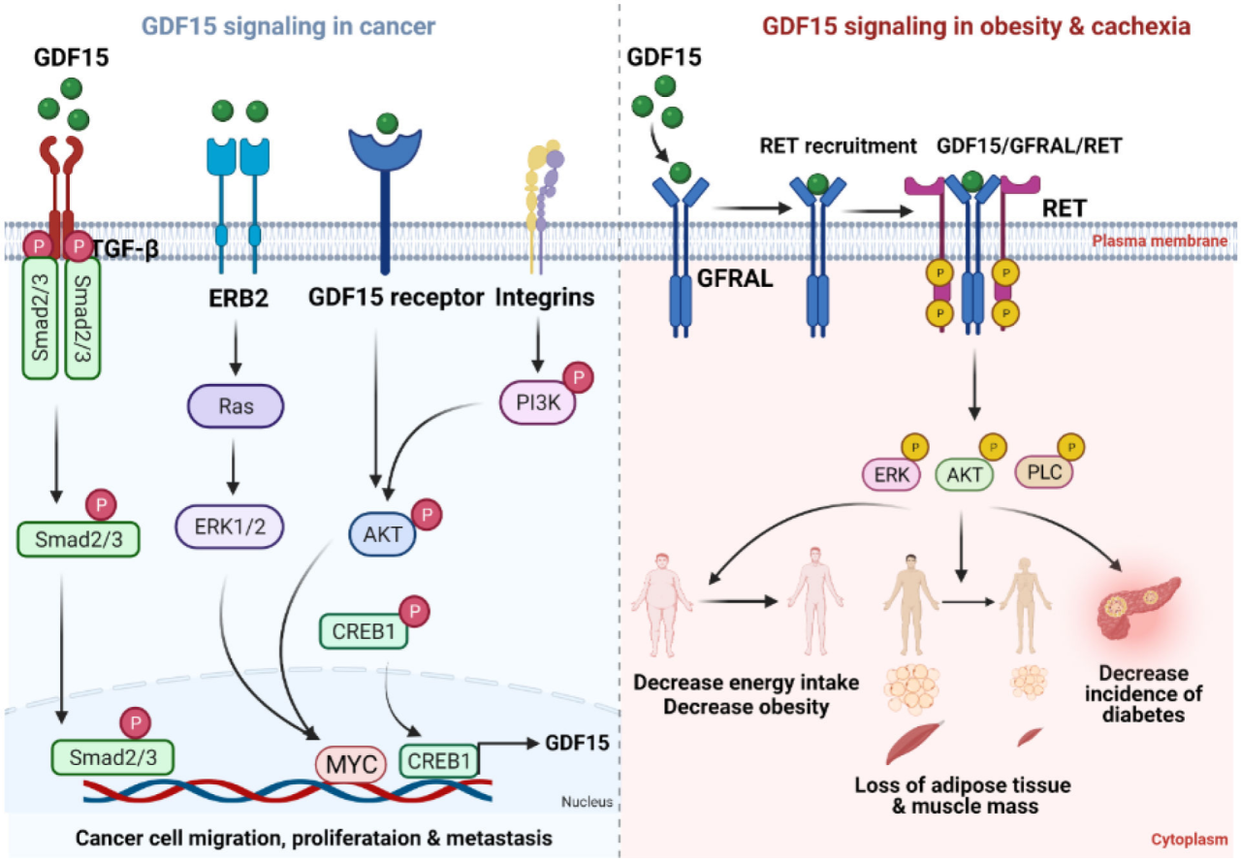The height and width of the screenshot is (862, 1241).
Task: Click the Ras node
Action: pos(237,406)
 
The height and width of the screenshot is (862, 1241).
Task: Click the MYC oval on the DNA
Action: pos(351,761)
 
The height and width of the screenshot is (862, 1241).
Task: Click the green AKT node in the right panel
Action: pos(966,475)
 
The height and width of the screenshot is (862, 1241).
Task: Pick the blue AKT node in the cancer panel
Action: pos(382,534)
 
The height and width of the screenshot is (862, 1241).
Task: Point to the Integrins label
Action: pos(544,298)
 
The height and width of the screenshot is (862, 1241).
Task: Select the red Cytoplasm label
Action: pos(1190,840)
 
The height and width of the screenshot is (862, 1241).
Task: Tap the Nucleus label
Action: pos(587,801)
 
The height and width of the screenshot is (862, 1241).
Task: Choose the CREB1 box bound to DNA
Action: pos(438,759)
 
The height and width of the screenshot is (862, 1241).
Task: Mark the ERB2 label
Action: pos(237,298)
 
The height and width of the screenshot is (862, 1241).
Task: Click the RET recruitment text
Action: pos(838,146)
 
